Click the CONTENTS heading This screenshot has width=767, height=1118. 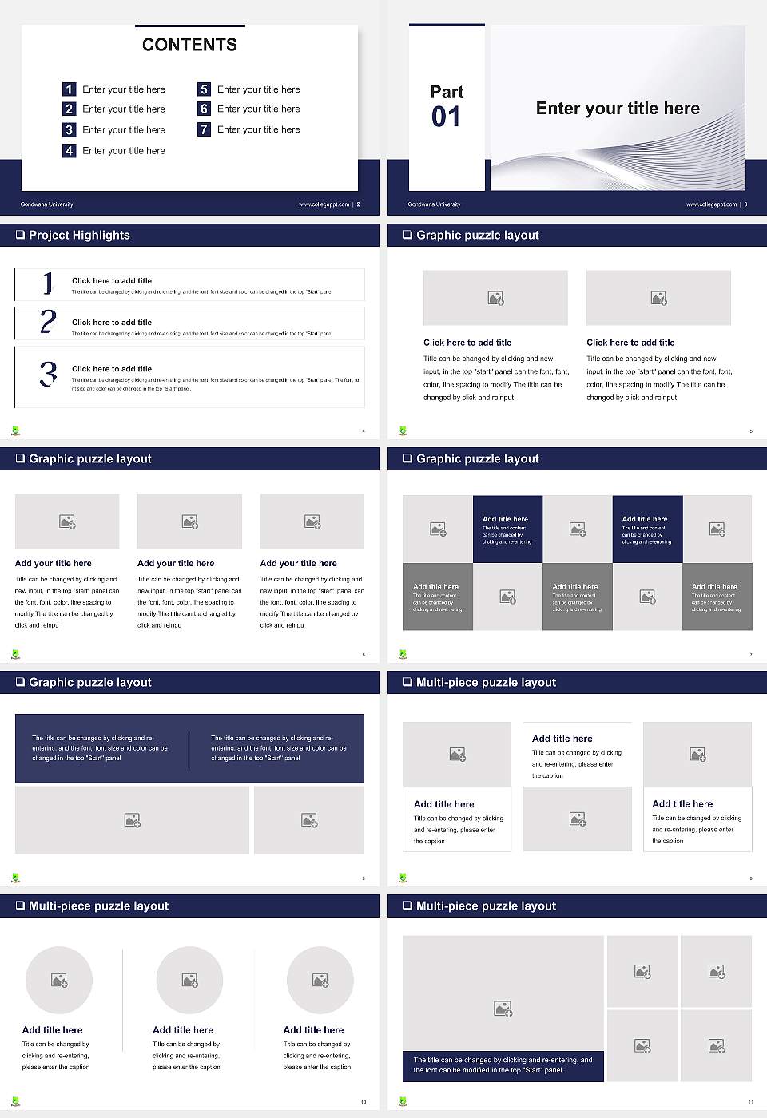point(189,45)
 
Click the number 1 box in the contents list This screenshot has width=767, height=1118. point(70,89)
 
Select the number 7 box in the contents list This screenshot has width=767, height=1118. point(205,129)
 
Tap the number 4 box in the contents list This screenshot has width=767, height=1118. point(70,150)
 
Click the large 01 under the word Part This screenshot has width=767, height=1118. point(446,117)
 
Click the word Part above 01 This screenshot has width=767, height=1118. point(447,92)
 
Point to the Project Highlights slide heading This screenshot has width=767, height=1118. point(79,235)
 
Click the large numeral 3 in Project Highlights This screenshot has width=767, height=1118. point(48,374)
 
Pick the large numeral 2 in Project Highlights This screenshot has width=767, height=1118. point(48,322)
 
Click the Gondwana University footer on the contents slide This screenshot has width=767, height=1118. point(46,204)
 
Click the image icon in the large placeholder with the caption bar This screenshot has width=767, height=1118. point(503,1009)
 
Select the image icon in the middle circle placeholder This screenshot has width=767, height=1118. point(189,980)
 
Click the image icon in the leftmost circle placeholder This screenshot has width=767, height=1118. point(59,980)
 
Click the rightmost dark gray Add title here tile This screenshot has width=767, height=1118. point(717,597)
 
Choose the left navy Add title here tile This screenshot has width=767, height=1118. point(507,529)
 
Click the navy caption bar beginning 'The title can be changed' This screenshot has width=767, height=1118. point(503,1065)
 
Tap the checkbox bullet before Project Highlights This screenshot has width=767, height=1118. point(20,235)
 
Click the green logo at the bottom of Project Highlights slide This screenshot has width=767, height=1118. point(15,431)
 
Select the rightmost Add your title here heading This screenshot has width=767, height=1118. point(298,563)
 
